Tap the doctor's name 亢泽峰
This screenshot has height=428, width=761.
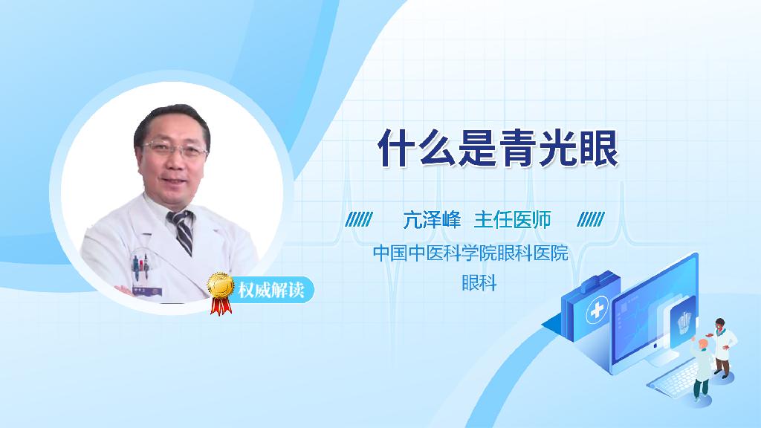click(x=433, y=220)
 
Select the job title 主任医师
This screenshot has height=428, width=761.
click(x=512, y=220)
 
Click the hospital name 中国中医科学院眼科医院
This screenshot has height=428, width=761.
click(x=470, y=253)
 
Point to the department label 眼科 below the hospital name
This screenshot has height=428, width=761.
click(x=479, y=282)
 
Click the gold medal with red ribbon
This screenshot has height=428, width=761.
click(x=221, y=289)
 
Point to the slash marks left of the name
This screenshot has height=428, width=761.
click(x=359, y=220)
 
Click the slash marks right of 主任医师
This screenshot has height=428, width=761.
click(x=591, y=220)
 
